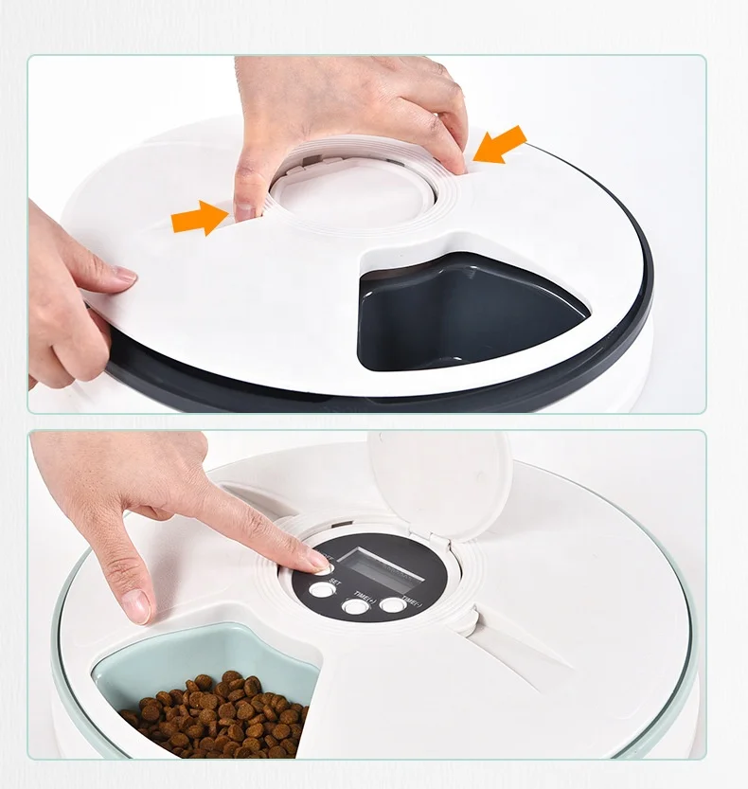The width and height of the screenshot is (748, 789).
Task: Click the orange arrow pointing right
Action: point(200,219)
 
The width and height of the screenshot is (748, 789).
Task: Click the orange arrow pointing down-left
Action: point(499,145)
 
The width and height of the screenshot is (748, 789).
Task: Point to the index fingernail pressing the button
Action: point(322,565)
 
